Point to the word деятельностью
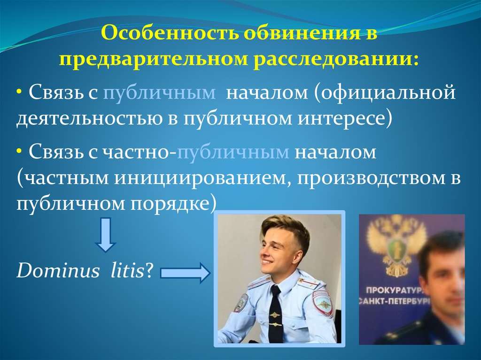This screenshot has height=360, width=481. click(x=89, y=119)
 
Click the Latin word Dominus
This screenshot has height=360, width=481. click(x=58, y=271)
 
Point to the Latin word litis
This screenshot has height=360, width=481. click(x=127, y=271)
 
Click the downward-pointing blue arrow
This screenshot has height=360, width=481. click(x=105, y=235)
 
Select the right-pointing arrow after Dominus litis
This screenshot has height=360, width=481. click(x=185, y=273)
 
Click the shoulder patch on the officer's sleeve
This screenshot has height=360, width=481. click(x=322, y=304)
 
